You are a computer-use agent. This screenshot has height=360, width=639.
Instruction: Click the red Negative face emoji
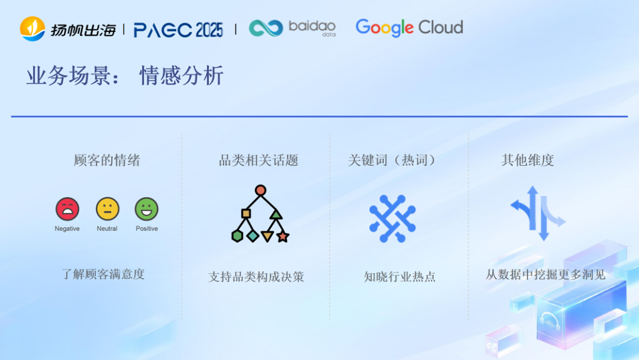67,209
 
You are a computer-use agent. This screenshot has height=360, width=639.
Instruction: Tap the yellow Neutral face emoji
107,209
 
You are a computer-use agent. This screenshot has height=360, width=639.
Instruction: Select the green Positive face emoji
147,209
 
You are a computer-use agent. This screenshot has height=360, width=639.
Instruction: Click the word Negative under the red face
67,229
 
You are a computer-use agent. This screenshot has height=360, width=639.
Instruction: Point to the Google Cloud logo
409,27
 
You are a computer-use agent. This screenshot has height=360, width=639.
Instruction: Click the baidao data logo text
312,28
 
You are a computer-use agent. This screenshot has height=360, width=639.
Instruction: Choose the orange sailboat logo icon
33,28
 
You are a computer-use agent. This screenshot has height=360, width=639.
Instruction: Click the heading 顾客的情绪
107,160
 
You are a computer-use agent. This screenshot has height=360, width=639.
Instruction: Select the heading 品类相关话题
259,160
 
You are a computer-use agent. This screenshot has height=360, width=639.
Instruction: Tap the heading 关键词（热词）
393,160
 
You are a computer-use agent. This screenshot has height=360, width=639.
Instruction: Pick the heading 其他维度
528,160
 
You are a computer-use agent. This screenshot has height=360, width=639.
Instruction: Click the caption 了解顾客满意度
103,274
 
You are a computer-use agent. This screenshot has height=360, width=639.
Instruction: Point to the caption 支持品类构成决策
256,277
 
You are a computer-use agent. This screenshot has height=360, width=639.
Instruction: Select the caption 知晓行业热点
400,277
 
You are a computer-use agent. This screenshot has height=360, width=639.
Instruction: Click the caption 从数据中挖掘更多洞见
546,275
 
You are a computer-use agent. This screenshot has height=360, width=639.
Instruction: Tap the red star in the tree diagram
283,237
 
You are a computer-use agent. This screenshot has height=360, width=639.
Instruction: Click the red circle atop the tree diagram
260,190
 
